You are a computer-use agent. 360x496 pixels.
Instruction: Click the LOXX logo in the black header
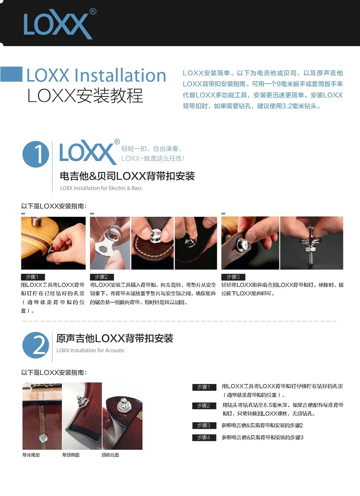click(x=60, y=24)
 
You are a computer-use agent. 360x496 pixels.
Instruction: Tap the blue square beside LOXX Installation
click(x=11, y=74)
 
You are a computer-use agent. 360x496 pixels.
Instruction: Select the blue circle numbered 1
click(x=36, y=154)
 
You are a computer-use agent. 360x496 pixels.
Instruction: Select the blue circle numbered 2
click(x=36, y=345)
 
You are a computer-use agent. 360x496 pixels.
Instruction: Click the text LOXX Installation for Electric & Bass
click(x=101, y=188)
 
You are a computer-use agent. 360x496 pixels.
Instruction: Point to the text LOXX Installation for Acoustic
click(x=90, y=350)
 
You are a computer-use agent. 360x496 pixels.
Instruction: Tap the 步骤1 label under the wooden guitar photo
click(x=33, y=277)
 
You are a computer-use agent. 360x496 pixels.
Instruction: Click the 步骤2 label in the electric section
click(x=102, y=277)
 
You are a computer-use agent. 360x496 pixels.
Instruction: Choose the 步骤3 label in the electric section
click(x=233, y=277)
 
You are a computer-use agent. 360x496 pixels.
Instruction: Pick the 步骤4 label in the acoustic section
click(x=204, y=438)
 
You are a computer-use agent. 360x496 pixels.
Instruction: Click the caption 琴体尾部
click(x=31, y=455)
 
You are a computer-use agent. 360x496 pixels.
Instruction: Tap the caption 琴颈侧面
click(x=71, y=455)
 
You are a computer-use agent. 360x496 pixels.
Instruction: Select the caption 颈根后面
click(x=110, y=455)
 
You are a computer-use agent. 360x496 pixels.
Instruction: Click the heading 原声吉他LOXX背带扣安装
click(x=115, y=338)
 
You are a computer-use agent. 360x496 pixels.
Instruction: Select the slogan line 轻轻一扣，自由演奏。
click(x=152, y=148)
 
